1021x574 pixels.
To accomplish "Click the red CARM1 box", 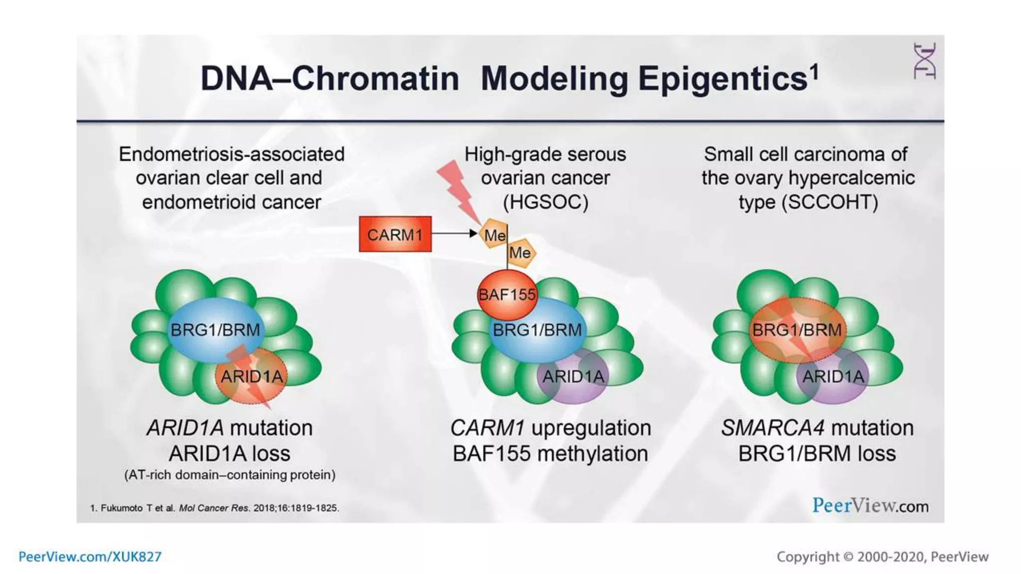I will [395, 234].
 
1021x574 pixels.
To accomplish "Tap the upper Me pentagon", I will [494, 234].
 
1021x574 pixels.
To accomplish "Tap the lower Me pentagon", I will [520, 253].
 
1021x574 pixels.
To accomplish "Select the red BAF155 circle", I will [507, 295].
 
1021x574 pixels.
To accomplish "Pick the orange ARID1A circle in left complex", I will [252, 376].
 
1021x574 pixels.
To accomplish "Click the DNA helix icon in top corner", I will [924, 61].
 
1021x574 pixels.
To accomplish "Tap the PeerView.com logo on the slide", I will [870, 506].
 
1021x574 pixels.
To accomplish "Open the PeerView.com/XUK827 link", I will [90, 557].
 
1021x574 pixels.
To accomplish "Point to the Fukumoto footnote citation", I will [214, 508].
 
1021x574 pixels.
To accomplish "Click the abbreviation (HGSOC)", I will [545, 202].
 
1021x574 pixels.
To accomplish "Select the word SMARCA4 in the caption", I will [772, 428].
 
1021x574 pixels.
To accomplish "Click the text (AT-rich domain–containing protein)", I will [229, 475].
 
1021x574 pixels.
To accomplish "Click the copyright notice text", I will [882, 557].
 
